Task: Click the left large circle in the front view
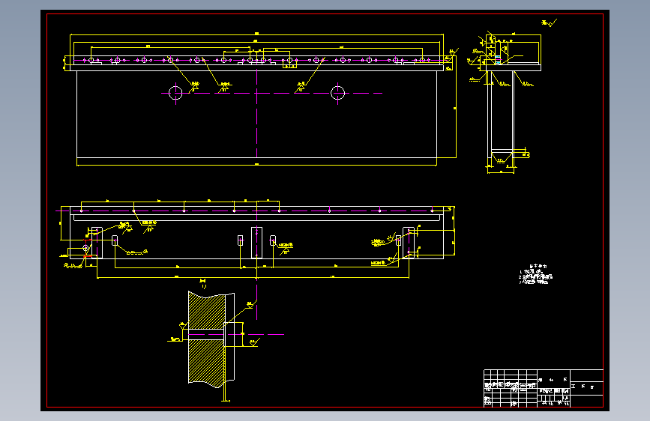pos(175,93)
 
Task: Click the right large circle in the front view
pos(338,93)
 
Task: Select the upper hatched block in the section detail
pos(207,310)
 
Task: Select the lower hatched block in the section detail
pos(207,362)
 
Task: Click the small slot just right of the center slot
pos(273,240)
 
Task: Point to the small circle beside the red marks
pos(85,247)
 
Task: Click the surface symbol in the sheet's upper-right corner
pos(551,24)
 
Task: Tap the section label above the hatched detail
pos(202,282)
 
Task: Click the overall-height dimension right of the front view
pos(455,109)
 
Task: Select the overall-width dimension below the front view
pos(256,163)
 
